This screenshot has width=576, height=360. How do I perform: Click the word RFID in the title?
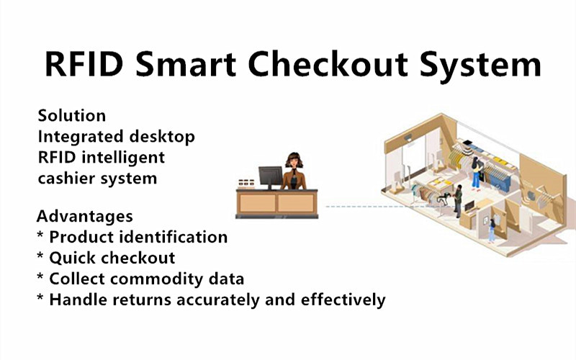click(84, 64)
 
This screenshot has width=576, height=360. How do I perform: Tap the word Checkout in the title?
click(328, 63)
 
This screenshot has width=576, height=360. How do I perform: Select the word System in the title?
click(480, 66)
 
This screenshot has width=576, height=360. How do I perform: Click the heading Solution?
click(72, 116)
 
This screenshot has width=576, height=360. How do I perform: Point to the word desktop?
click(162, 137)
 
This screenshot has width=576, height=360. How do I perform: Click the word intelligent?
click(123, 158)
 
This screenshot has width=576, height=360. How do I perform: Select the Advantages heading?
click(85, 217)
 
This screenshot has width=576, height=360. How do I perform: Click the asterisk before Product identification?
click(40, 235)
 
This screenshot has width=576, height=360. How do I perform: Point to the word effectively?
click(343, 300)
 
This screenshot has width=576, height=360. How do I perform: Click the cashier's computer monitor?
click(271, 176)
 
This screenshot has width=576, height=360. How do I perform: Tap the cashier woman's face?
click(294, 161)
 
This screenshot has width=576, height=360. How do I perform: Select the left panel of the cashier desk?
click(258, 203)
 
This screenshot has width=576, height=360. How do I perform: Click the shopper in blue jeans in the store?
click(476, 173)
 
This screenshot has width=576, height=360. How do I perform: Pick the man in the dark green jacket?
click(458, 201)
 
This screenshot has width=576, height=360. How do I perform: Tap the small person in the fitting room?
click(492, 230)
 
